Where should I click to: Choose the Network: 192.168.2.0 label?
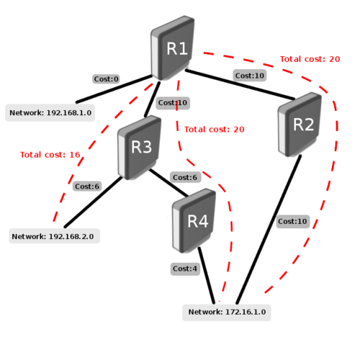53,236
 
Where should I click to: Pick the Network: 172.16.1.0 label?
227,312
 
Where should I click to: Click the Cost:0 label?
105,78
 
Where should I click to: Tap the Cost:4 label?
184,269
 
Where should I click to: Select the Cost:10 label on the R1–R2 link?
250,75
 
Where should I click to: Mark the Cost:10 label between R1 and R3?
172,103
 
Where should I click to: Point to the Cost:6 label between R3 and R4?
184,177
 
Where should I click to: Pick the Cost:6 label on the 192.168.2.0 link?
87,186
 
